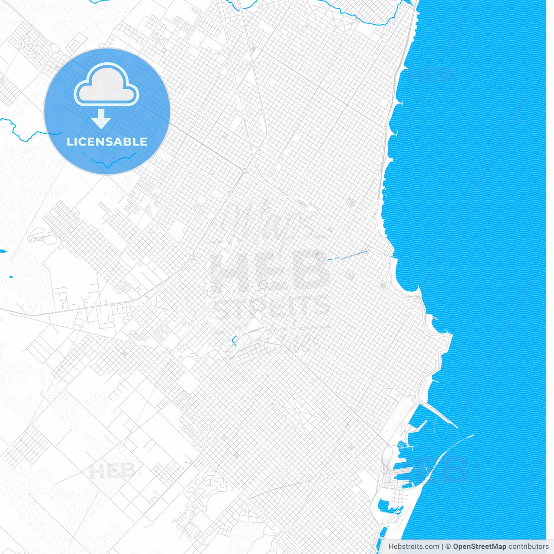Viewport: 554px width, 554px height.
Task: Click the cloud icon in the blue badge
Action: click(x=106, y=85)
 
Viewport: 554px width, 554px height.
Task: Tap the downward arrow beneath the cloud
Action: click(x=101, y=119)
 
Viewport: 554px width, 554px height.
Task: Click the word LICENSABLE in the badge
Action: click(x=107, y=142)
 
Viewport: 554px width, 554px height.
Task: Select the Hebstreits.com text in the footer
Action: click(x=413, y=547)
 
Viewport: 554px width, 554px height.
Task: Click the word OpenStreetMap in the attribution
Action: click(x=479, y=547)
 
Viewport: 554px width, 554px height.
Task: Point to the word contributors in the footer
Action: click(x=528, y=547)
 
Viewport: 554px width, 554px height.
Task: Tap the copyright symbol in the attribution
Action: click(x=448, y=547)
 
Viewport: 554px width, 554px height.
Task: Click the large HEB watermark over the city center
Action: click(x=268, y=271)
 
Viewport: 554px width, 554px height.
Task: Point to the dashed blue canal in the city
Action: click(x=346, y=256)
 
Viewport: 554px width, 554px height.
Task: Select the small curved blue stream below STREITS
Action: click(x=234, y=341)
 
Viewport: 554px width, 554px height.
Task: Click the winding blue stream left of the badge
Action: click(x=22, y=130)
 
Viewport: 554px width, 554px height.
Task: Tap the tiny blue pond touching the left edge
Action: click(x=3, y=251)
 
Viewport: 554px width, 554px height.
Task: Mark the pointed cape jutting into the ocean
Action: click(x=449, y=335)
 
